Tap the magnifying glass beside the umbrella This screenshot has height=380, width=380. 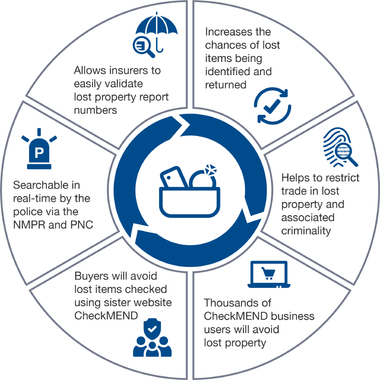[x=143, y=47]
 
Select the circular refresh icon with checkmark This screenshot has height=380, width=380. [x=272, y=106]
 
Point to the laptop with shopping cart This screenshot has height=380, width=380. [x=269, y=274]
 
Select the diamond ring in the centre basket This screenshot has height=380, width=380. [x=204, y=176]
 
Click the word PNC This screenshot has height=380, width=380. [x=81, y=225]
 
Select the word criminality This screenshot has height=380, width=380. [x=306, y=231]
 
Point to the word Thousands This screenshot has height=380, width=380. [x=237, y=303]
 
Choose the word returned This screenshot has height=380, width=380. [x=225, y=85]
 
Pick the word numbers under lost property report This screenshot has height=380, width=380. [x=95, y=110]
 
